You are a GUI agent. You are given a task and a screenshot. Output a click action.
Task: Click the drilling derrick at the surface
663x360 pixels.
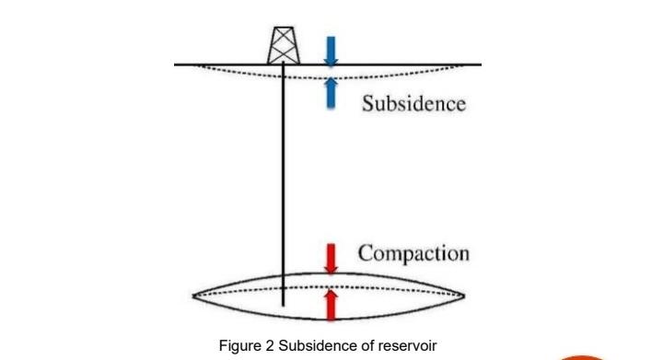[x=283, y=44]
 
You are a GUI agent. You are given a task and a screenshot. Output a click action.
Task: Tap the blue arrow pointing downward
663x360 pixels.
[x=331, y=52]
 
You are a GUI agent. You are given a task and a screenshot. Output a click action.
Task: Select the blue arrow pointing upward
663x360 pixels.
[x=331, y=93]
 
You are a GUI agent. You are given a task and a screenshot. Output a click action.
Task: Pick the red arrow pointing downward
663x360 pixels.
[x=331, y=258]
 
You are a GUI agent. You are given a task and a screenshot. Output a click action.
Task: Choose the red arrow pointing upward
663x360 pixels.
[x=331, y=302]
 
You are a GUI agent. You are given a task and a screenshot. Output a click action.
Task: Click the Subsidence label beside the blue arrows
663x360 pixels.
[x=413, y=102]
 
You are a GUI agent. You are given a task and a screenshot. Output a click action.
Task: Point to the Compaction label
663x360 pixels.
[x=413, y=252]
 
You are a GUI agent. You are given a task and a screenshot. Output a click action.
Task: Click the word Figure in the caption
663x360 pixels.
[x=238, y=345]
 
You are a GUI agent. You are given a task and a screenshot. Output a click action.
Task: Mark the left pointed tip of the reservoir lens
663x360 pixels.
[x=193, y=296]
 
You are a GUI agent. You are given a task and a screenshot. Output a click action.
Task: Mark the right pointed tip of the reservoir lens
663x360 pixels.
[x=465, y=296]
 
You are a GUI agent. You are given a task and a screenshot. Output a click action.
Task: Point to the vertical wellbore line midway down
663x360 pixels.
[x=284, y=184]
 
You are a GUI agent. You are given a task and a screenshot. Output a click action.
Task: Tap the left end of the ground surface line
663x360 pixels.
[x=176, y=64]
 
